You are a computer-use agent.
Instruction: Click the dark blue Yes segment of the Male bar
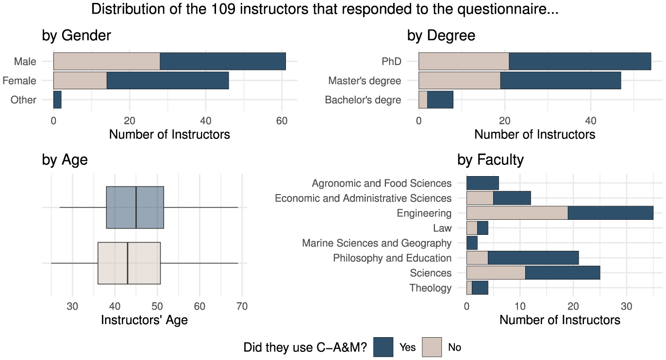[222, 61]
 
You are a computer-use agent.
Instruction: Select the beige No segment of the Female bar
[80, 81]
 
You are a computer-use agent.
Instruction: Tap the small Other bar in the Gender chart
[57, 99]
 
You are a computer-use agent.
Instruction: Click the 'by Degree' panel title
[440, 35]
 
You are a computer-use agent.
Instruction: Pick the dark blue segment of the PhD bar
[580, 61]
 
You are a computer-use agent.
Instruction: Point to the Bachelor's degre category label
[363, 100]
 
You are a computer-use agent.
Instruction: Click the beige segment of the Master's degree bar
[459, 81]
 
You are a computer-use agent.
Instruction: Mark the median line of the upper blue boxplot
[136, 207]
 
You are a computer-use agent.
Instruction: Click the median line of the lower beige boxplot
[128, 263]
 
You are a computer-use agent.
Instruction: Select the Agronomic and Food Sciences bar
[483, 183]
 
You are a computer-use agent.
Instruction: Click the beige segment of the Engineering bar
[517, 213]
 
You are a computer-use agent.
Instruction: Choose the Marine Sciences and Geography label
[376, 243]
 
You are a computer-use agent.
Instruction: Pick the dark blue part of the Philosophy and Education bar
[533, 258]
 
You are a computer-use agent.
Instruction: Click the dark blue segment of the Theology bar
[480, 288]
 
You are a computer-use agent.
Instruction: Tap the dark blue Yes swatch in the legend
[383, 347]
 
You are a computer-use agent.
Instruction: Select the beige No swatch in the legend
[432, 347]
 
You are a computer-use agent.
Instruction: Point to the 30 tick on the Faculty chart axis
[626, 306]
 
